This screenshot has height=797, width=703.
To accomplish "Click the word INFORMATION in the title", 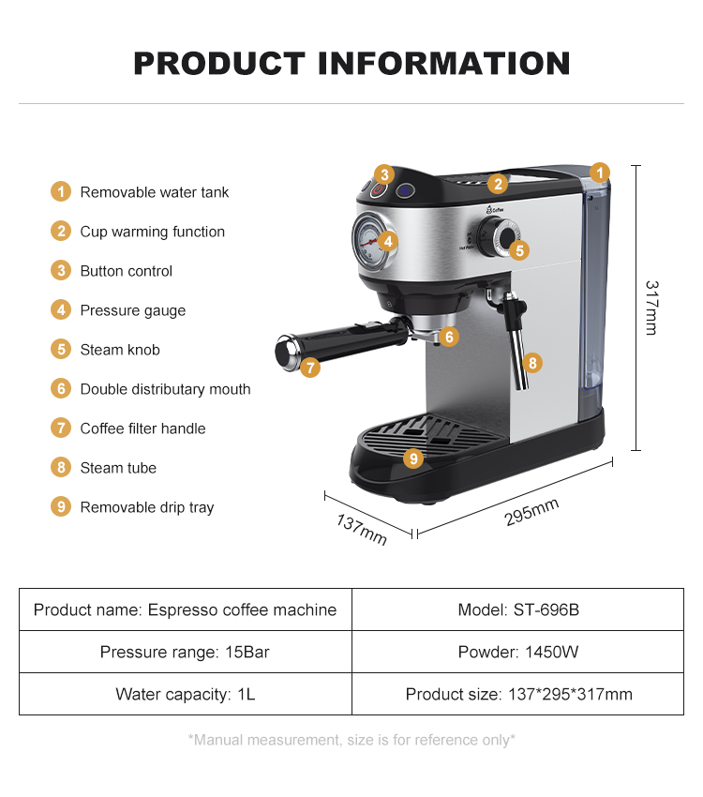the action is click(444, 64).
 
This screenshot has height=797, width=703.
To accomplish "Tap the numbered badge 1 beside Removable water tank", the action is click(61, 192).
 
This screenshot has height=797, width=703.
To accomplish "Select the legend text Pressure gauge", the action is click(133, 310).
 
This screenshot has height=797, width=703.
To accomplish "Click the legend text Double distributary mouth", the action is click(165, 389).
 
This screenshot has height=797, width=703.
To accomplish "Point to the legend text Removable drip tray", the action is click(147, 507).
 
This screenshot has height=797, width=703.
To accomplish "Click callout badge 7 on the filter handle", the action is click(311, 368).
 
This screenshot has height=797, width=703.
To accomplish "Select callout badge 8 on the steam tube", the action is click(532, 362).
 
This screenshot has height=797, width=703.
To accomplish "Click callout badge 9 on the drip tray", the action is click(413, 459).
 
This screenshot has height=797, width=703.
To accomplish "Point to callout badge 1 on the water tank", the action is click(600, 173).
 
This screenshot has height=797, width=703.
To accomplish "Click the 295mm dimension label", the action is click(531, 512).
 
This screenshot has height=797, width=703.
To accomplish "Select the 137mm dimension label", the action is click(361, 531).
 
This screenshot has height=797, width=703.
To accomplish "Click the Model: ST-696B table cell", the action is click(518, 610).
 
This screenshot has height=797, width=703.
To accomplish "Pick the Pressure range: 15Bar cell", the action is click(185, 652).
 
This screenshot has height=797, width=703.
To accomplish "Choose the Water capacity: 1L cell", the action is click(185, 695).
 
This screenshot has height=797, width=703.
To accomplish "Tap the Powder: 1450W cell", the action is click(518, 652).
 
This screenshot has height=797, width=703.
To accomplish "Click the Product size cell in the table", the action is click(518, 695).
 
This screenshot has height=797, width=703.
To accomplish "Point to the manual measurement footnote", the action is click(351, 740).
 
